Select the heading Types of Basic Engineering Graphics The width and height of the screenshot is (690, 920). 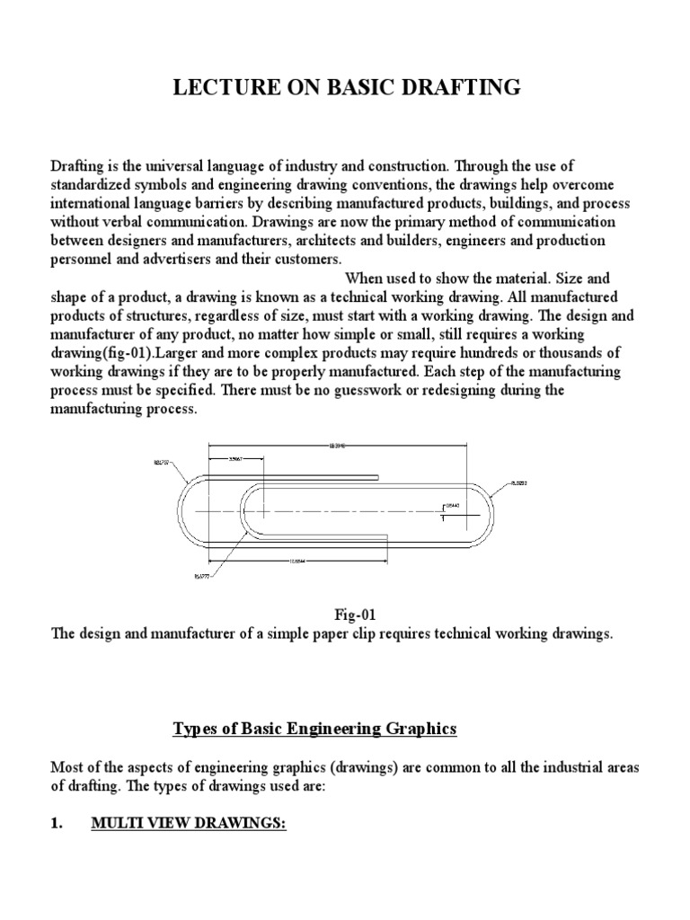tap(314, 730)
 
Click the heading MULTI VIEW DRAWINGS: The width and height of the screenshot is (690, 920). tap(189, 824)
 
